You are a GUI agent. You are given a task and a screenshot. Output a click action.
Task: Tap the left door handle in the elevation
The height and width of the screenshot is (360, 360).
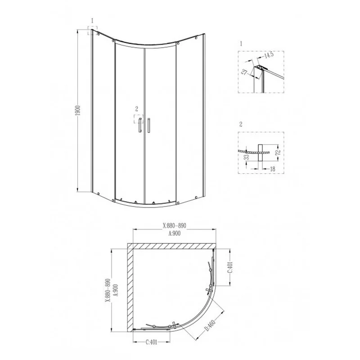(x=140, y=125)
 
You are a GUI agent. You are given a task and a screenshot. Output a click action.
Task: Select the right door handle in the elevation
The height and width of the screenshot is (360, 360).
(x=148, y=125)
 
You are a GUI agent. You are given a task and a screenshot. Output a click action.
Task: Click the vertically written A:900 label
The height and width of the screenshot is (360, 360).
(x=115, y=292)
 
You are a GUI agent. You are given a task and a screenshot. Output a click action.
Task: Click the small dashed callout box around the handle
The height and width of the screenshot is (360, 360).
(x=137, y=119)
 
